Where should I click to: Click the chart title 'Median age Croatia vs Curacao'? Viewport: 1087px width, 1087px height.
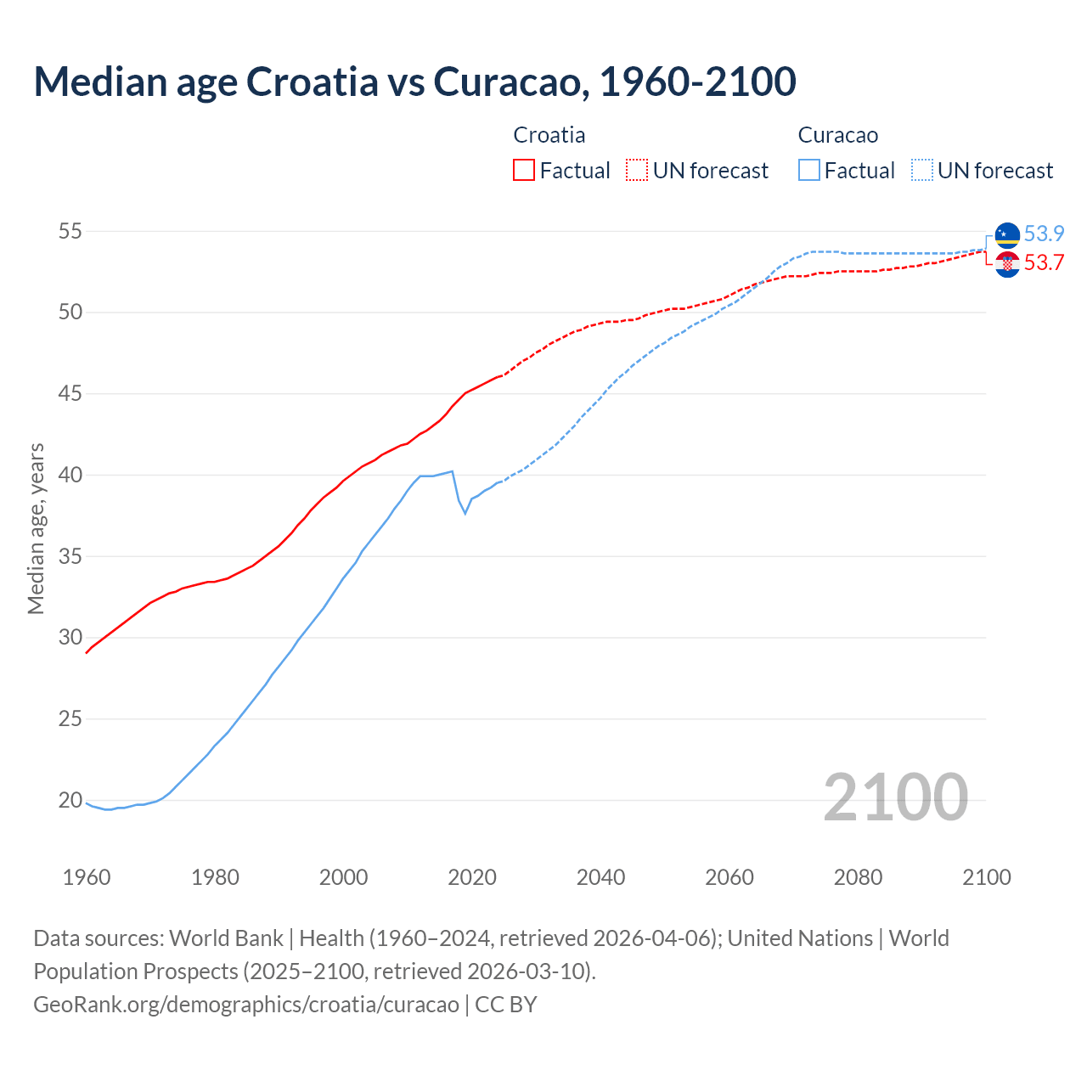click(414, 82)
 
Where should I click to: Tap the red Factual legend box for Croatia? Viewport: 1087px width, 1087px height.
click(524, 170)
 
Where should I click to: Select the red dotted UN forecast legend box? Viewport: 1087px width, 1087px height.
click(637, 170)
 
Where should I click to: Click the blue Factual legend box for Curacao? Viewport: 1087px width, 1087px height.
click(809, 170)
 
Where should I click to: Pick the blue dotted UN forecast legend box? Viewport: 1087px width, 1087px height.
click(921, 170)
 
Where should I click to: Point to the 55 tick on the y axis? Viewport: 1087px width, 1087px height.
click(70, 231)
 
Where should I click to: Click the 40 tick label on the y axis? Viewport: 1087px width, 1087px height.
click(70, 475)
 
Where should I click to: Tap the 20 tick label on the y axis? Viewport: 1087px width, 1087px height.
click(70, 800)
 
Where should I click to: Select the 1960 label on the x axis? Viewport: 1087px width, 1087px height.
click(87, 877)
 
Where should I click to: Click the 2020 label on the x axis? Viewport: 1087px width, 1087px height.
click(472, 877)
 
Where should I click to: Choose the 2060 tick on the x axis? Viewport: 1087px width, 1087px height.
click(729, 877)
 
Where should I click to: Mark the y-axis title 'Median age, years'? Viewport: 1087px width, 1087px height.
click(36, 528)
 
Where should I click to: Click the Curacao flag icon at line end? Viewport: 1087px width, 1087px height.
click(1007, 235)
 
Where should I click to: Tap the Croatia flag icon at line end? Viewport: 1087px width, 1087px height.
click(1007, 264)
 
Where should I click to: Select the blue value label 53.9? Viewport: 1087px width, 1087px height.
click(1044, 234)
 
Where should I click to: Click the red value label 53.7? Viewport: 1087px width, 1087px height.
click(1044, 263)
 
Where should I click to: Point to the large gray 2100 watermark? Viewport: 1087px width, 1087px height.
click(895, 797)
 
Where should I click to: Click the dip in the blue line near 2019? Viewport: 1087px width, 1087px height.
click(465, 513)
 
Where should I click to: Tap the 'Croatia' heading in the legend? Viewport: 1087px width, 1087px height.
click(549, 135)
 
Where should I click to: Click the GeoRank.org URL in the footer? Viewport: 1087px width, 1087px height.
click(246, 1005)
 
